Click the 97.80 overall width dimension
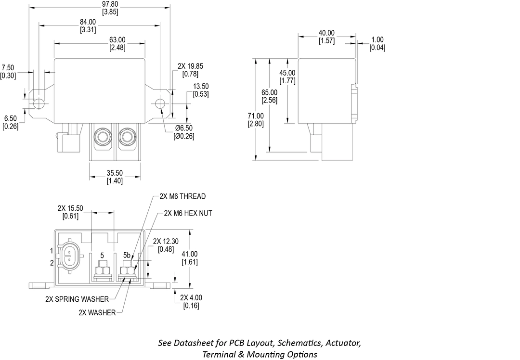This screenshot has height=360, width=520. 100,4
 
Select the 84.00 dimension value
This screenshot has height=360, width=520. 88,22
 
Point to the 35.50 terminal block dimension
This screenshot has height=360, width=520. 115,173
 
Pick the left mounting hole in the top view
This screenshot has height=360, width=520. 39,103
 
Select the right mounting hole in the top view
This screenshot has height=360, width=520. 160,103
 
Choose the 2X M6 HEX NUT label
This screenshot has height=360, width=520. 188,213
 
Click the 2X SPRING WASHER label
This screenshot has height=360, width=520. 78,299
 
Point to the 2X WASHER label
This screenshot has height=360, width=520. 97,313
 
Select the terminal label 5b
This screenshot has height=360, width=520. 127,255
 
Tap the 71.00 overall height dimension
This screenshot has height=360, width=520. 255,116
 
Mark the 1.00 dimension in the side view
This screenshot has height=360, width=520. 377,40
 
